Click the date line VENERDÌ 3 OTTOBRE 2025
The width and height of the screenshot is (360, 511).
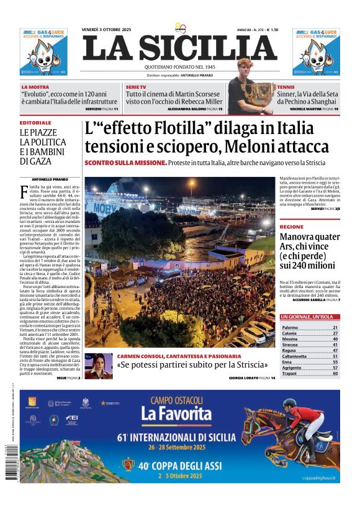[106, 30]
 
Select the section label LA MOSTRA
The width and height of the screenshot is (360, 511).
[35, 87]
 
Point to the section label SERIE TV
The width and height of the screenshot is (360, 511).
[136, 87]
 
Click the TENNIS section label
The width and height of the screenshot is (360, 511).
[286, 87]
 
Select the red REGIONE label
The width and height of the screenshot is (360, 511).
[292, 227]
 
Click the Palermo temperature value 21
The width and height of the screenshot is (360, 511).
[335, 327]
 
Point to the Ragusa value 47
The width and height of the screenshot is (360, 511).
[335, 350]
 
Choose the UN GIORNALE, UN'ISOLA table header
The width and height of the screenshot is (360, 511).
[310, 317]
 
